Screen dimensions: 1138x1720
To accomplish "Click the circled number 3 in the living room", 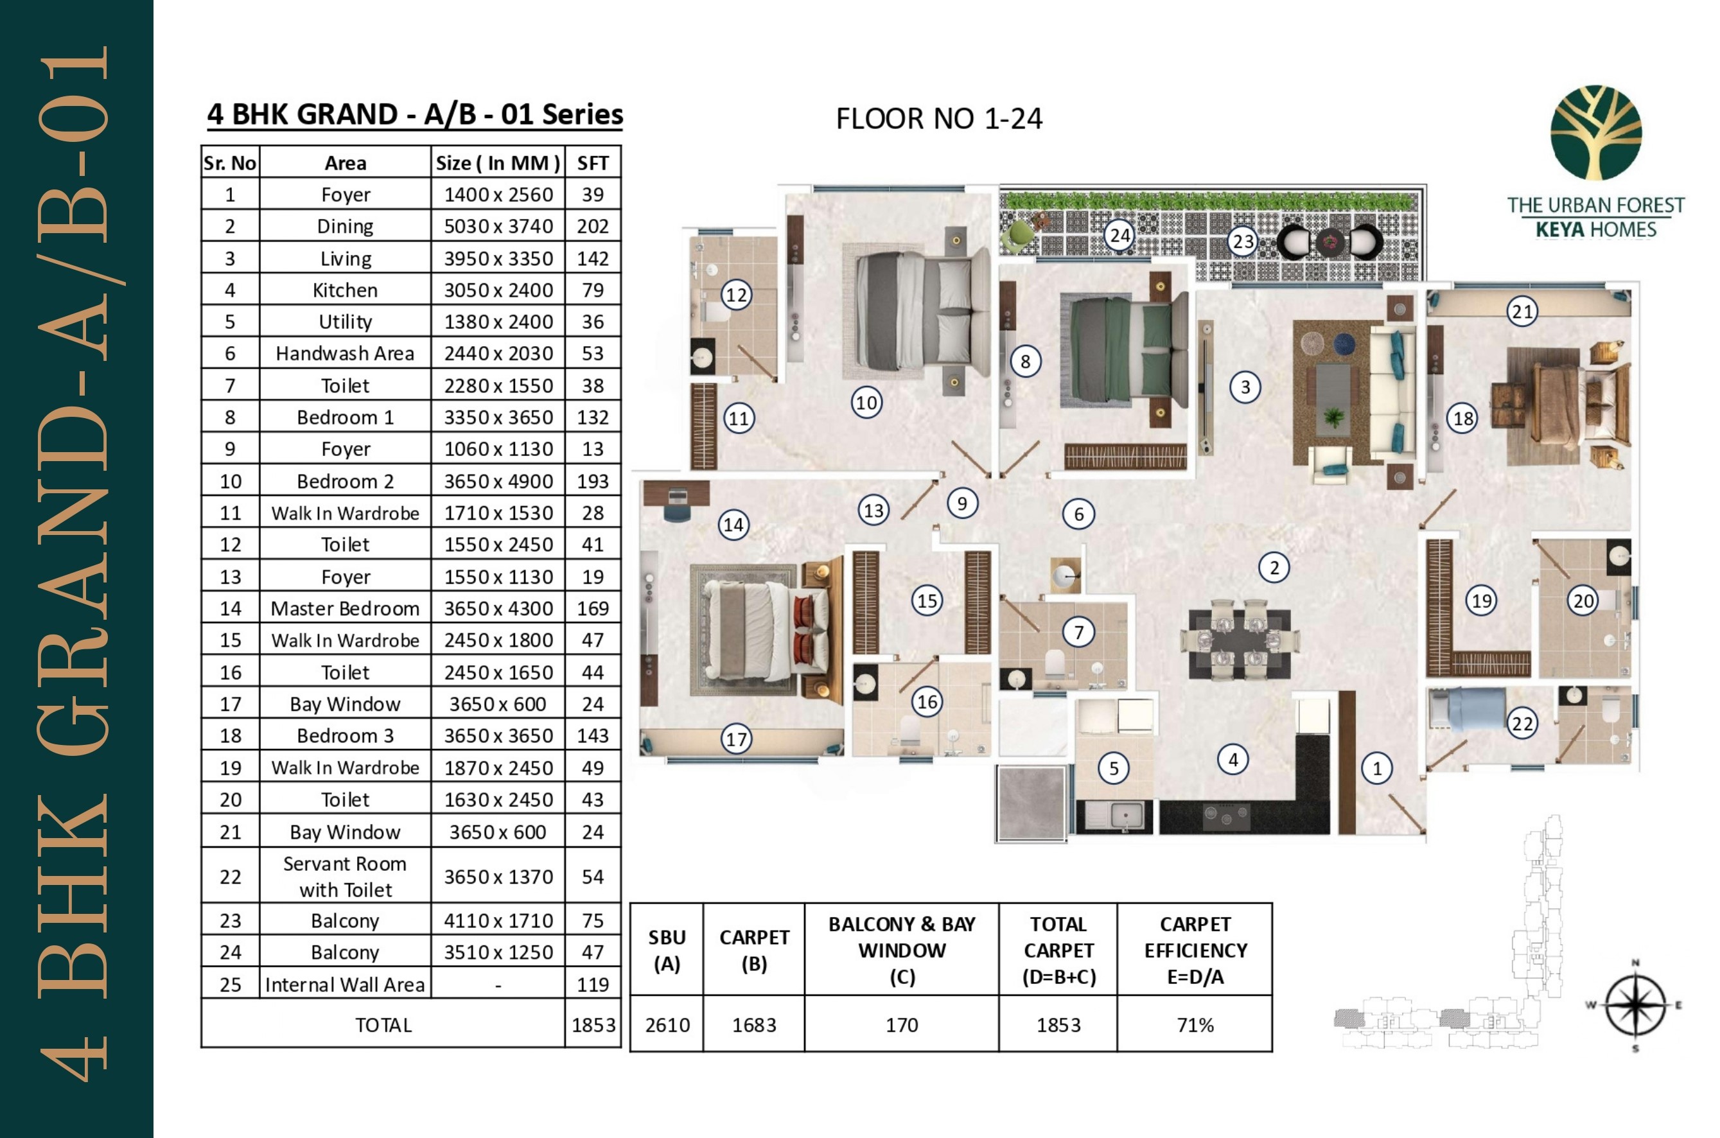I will point(1245,387).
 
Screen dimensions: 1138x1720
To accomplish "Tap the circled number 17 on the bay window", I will point(736,740).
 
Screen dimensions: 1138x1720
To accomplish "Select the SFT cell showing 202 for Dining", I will point(592,227).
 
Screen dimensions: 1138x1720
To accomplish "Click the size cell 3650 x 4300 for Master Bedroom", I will point(498,608).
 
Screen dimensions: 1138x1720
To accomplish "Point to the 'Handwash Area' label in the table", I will point(345,353).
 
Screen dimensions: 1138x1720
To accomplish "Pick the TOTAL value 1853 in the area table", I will point(593,1025).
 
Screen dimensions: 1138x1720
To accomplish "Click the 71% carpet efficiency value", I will point(1195,1025).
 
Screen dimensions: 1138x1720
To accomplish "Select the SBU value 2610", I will point(667,1025).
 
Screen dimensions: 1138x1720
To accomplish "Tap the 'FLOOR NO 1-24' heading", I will point(938,119).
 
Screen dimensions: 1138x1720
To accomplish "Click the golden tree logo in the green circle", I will point(1596,133).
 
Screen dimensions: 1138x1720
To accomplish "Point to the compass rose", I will point(1635,1006).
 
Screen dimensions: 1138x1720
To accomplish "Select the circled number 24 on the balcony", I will point(1120,235).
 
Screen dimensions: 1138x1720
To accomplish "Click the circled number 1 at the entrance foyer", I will point(1377,768).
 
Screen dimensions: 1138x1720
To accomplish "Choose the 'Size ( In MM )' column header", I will point(498,163).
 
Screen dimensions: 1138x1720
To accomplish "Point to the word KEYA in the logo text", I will point(1559,230).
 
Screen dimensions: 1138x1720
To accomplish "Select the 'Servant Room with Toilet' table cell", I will point(345,876).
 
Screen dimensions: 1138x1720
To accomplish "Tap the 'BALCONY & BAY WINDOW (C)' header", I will point(901,949).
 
